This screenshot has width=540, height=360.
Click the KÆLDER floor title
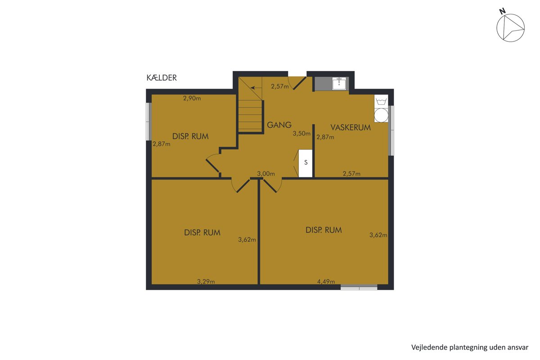[162, 78]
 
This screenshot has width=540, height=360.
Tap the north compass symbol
[510, 28]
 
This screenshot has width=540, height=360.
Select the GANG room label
[279, 125]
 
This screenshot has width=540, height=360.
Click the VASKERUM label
[351, 127]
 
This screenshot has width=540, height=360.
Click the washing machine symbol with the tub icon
[381, 100]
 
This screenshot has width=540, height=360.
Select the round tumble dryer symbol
[381, 115]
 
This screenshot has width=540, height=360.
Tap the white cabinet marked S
[306, 163]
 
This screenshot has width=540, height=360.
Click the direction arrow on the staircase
[256, 88]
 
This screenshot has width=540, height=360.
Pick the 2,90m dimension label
[192, 98]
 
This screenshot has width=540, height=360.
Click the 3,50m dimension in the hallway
[301, 133]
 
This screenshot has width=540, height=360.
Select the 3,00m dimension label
[266, 174]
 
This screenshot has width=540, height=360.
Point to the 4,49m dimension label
[326, 281]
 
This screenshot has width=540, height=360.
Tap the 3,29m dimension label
[206, 281]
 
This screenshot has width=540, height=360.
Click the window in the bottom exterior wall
[359, 287]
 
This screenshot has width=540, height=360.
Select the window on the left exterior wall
[149, 121]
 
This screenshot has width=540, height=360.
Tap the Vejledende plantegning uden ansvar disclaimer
[470, 347]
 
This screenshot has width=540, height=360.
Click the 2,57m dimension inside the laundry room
[351, 174]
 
